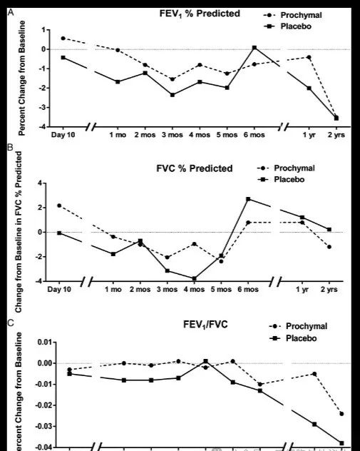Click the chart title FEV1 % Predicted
[x=190, y=14]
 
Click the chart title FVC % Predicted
[x=195, y=168]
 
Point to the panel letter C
[x=9, y=323]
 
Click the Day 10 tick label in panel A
[x=63, y=134]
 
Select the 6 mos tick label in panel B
[x=248, y=291]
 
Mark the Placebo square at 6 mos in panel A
[x=254, y=48]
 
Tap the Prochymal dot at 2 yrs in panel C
[x=341, y=414]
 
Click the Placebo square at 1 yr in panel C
[x=314, y=424]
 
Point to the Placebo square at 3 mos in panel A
[x=173, y=95]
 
